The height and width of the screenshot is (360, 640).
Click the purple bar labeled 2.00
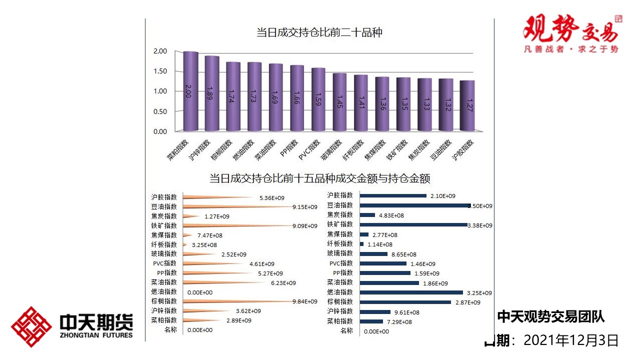[190, 91]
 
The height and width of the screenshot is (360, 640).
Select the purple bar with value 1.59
[318, 99]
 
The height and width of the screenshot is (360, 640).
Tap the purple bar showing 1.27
[467, 105]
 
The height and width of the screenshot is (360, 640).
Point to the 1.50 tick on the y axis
[160, 71]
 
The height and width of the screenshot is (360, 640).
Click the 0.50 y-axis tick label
[160, 111]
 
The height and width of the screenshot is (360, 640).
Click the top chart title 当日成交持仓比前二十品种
[319, 33]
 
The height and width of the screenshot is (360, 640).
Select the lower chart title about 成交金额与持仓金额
[319, 178]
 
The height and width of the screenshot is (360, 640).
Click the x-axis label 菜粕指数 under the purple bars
[178, 149]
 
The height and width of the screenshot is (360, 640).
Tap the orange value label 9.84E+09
[304, 301]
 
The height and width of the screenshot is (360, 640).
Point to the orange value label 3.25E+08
[204, 245]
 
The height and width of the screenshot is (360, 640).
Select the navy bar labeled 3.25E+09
[411, 292]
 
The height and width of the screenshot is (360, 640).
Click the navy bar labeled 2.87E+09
[405, 302]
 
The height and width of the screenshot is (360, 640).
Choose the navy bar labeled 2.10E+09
[393, 195]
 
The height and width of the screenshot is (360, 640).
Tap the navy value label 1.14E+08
[380, 244]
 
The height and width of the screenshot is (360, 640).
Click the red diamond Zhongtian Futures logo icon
[31, 327]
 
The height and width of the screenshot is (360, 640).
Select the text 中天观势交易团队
[550, 316]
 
